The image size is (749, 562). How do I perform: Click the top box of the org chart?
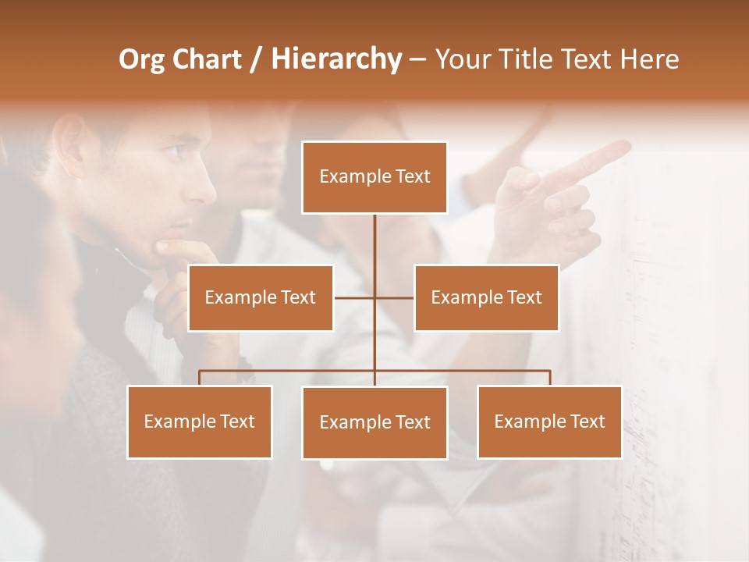(x=374, y=177)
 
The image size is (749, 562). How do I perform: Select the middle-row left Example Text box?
(x=261, y=297)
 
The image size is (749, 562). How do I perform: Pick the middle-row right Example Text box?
(x=486, y=297)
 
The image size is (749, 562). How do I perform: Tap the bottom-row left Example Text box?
(x=200, y=421)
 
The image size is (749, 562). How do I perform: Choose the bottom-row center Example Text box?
(x=374, y=422)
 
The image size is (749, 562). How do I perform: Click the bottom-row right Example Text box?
(x=549, y=421)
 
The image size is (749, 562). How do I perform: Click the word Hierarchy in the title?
(x=336, y=59)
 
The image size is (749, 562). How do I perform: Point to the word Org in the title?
(x=141, y=59)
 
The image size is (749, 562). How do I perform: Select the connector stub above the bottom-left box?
(x=200, y=378)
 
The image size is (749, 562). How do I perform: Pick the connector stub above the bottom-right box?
(x=549, y=378)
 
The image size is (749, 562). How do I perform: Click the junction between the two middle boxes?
(x=374, y=297)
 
